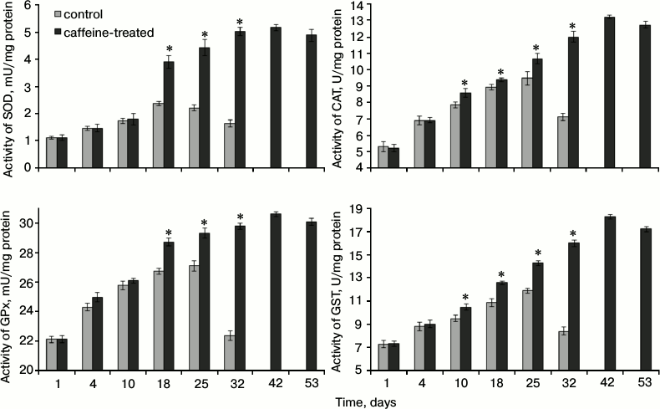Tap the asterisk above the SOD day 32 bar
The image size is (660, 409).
[240, 22]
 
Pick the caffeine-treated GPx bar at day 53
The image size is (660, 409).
[310, 296]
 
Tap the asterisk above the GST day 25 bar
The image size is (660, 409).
[538, 253]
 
